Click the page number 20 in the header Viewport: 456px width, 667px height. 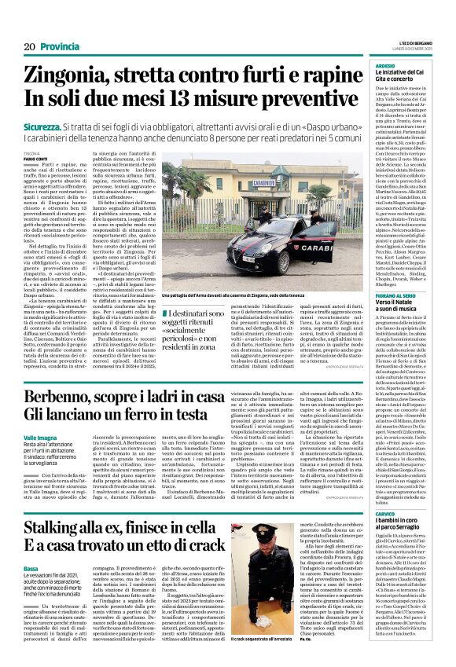pos(30,47)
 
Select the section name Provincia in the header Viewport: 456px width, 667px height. pos(60,47)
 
